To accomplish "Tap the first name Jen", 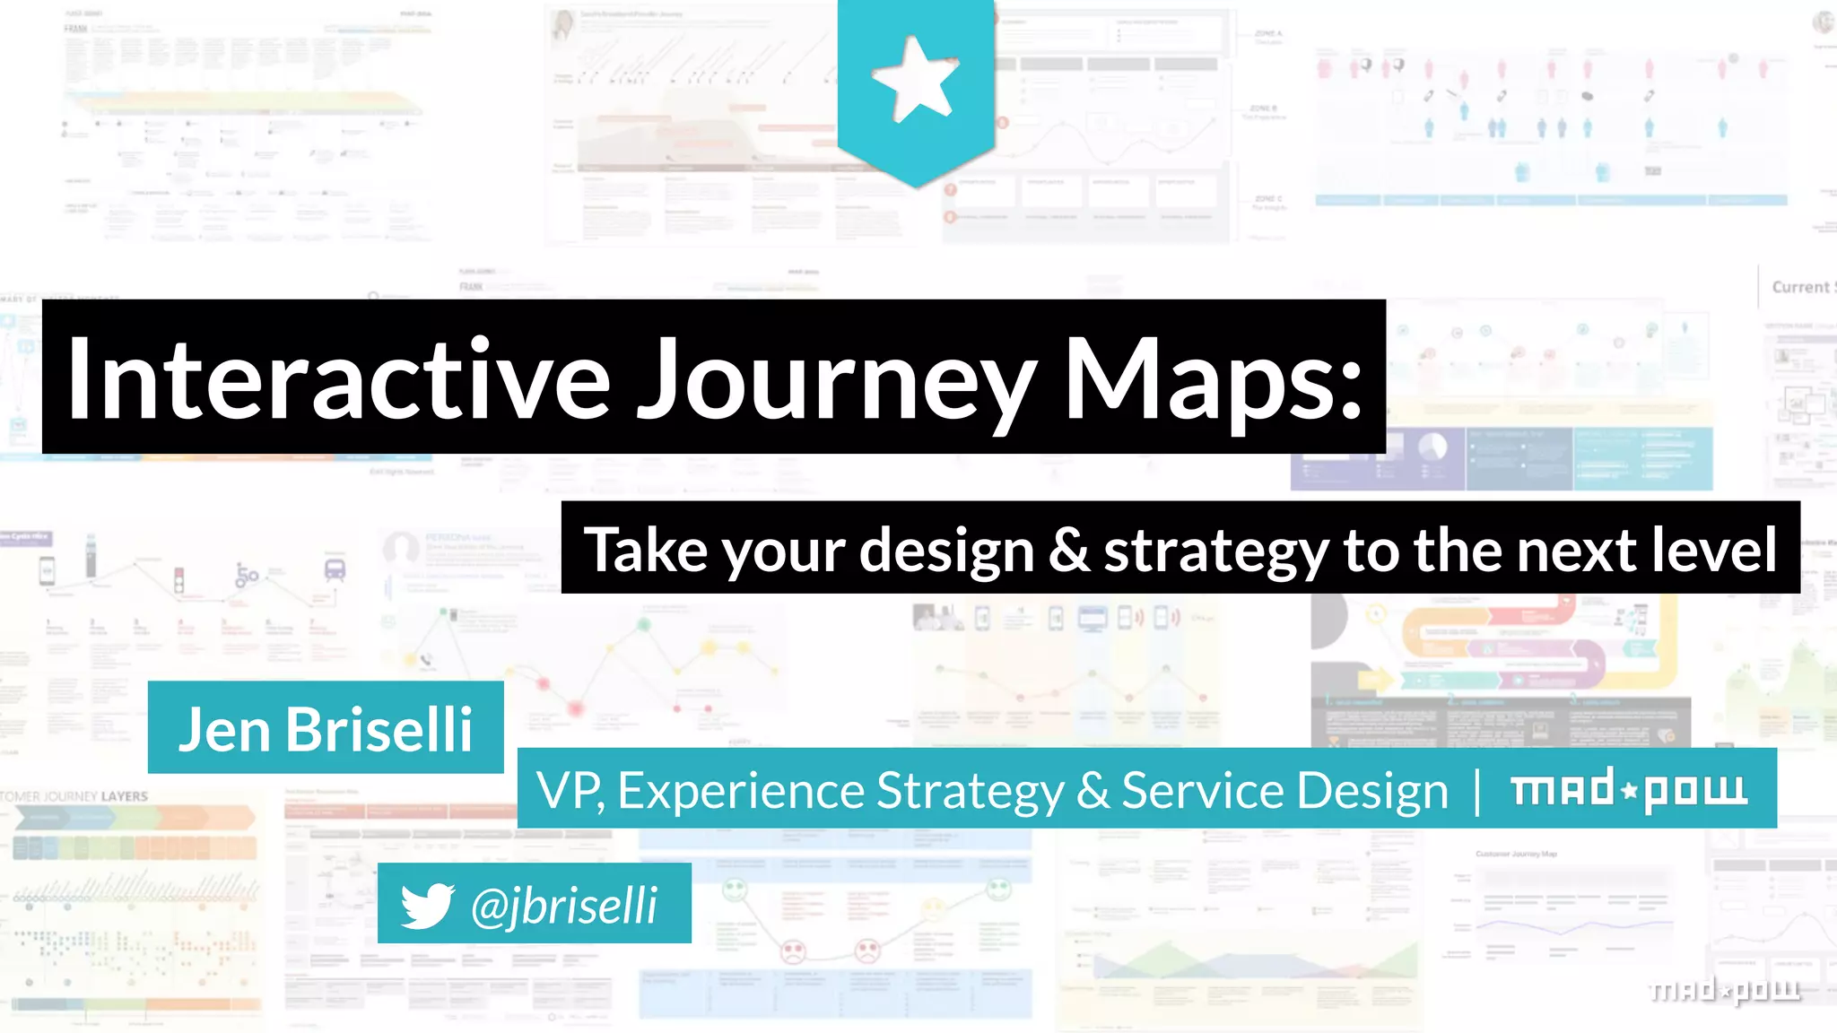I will (x=224, y=729).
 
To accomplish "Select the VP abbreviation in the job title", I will (x=569, y=791).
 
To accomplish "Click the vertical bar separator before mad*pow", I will (x=1477, y=791).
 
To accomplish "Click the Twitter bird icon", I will (x=427, y=905).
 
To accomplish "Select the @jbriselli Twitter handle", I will (x=564, y=905).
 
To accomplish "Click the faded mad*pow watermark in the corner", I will (x=1724, y=989).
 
